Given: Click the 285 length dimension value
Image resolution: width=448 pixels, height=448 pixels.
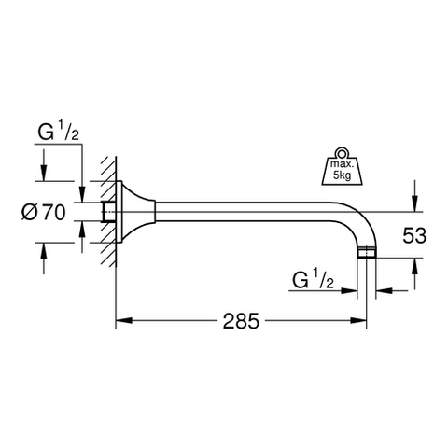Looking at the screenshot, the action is (241, 321).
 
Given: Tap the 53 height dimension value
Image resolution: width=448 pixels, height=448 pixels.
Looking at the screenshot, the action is (414, 235).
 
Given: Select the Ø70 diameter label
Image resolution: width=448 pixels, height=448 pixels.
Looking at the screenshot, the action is (44, 213).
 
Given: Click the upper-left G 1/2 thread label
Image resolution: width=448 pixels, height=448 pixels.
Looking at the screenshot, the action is (58, 133).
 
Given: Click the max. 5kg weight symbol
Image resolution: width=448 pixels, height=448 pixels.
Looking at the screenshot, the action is (342, 167).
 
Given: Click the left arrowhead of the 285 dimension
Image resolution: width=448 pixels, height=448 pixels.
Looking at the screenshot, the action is (124, 321).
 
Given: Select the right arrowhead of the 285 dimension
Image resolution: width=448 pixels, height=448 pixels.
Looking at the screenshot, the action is (358, 321).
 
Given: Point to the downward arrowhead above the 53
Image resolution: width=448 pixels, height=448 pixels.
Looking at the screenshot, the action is (414, 203).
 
